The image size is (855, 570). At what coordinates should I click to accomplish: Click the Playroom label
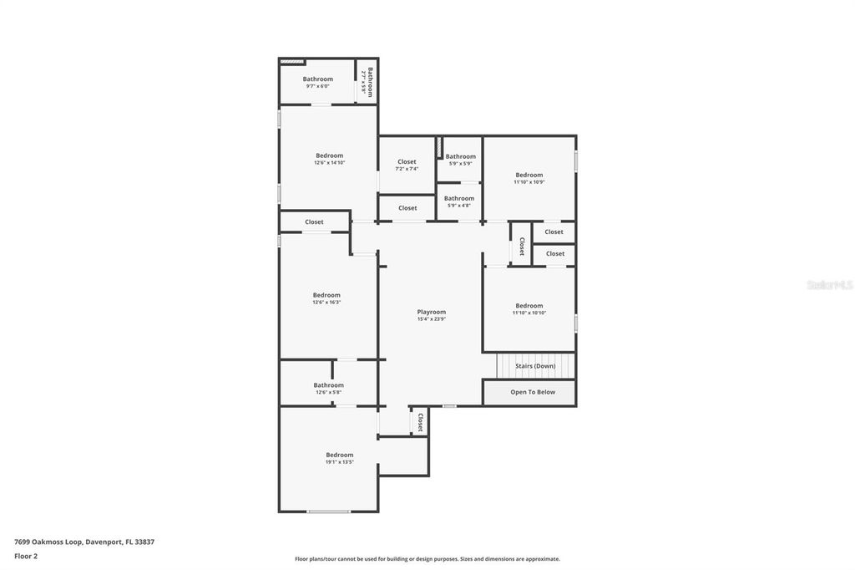(x=432, y=312)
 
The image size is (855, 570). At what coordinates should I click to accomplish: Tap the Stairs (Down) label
(x=535, y=366)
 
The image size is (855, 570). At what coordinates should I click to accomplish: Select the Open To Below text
(x=533, y=391)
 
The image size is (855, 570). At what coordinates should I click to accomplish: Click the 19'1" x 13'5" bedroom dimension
(x=339, y=462)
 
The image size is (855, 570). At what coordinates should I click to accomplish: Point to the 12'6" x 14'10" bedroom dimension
(x=329, y=163)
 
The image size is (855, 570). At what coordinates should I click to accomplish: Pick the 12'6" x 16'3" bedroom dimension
(x=326, y=303)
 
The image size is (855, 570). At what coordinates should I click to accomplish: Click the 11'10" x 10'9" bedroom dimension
(x=529, y=182)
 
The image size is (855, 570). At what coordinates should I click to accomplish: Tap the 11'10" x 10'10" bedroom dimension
(x=529, y=313)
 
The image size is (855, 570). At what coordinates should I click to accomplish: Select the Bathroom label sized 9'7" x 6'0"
(x=317, y=79)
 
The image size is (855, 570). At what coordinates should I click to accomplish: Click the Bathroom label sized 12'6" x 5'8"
(x=328, y=385)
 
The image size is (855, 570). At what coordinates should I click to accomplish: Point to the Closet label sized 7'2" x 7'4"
(x=407, y=161)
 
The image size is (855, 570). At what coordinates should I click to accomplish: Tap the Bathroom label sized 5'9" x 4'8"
(x=459, y=198)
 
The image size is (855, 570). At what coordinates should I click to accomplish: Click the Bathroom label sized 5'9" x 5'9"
(x=460, y=156)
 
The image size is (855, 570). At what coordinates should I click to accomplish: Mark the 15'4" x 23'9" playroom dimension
(x=432, y=319)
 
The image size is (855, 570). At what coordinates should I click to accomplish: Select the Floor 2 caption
(x=26, y=556)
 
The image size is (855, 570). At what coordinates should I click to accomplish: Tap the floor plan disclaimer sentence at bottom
(x=427, y=559)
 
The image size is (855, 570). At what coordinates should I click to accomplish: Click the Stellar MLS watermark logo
(x=829, y=285)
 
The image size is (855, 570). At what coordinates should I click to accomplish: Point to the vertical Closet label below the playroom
(x=420, y=422)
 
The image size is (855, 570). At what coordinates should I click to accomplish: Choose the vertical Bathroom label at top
(x=368, y=81)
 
